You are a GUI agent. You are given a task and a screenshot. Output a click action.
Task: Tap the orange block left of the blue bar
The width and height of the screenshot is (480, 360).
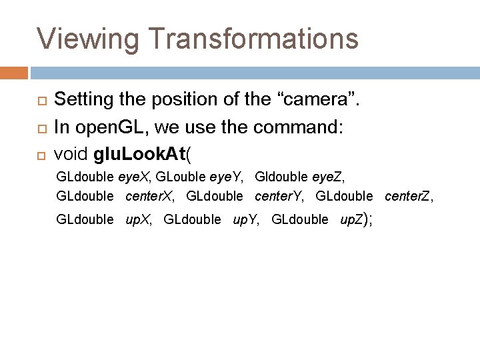tap(13, 72)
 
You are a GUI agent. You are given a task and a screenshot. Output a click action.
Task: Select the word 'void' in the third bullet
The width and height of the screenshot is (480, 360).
tap(71, 154)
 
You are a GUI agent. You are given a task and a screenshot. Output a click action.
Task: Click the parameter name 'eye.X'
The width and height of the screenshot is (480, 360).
tap(134, 177)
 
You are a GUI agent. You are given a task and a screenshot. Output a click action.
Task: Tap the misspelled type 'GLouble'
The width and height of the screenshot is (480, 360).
tap(180, 177)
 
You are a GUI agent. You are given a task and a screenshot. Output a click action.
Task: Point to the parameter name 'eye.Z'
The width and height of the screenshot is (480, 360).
tap(329, 177)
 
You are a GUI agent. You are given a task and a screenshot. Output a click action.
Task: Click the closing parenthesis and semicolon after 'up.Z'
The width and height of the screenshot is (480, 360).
tap(367, 219)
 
